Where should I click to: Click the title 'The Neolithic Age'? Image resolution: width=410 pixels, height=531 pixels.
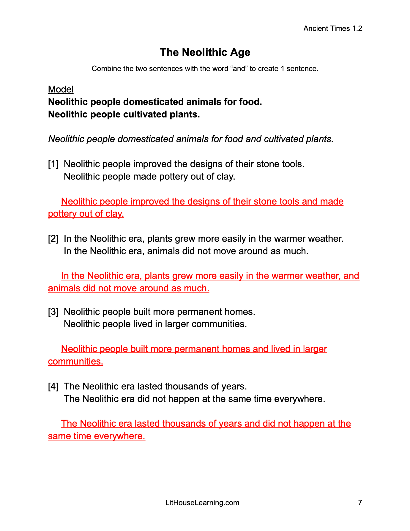coord(205,52)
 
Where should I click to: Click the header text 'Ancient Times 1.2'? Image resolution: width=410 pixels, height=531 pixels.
coord(332,29)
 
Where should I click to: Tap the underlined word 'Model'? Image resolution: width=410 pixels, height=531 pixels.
coord(61,89)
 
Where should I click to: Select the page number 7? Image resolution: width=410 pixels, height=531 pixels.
coord(360,502)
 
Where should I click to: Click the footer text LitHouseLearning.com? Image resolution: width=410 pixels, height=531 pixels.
coord(202,502)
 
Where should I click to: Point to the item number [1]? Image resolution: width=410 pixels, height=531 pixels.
coord(53,164)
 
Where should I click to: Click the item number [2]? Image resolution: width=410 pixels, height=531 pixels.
coord(53,238)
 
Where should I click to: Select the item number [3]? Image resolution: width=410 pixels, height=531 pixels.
coord(53,312)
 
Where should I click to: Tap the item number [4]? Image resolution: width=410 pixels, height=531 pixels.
coord(53,386)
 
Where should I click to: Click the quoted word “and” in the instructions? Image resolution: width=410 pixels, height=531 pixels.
coord(239,69)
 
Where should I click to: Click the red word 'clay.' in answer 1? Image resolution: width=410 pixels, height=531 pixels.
coord(114,214)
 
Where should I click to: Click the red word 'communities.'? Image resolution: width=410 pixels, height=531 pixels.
coord(75,361)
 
